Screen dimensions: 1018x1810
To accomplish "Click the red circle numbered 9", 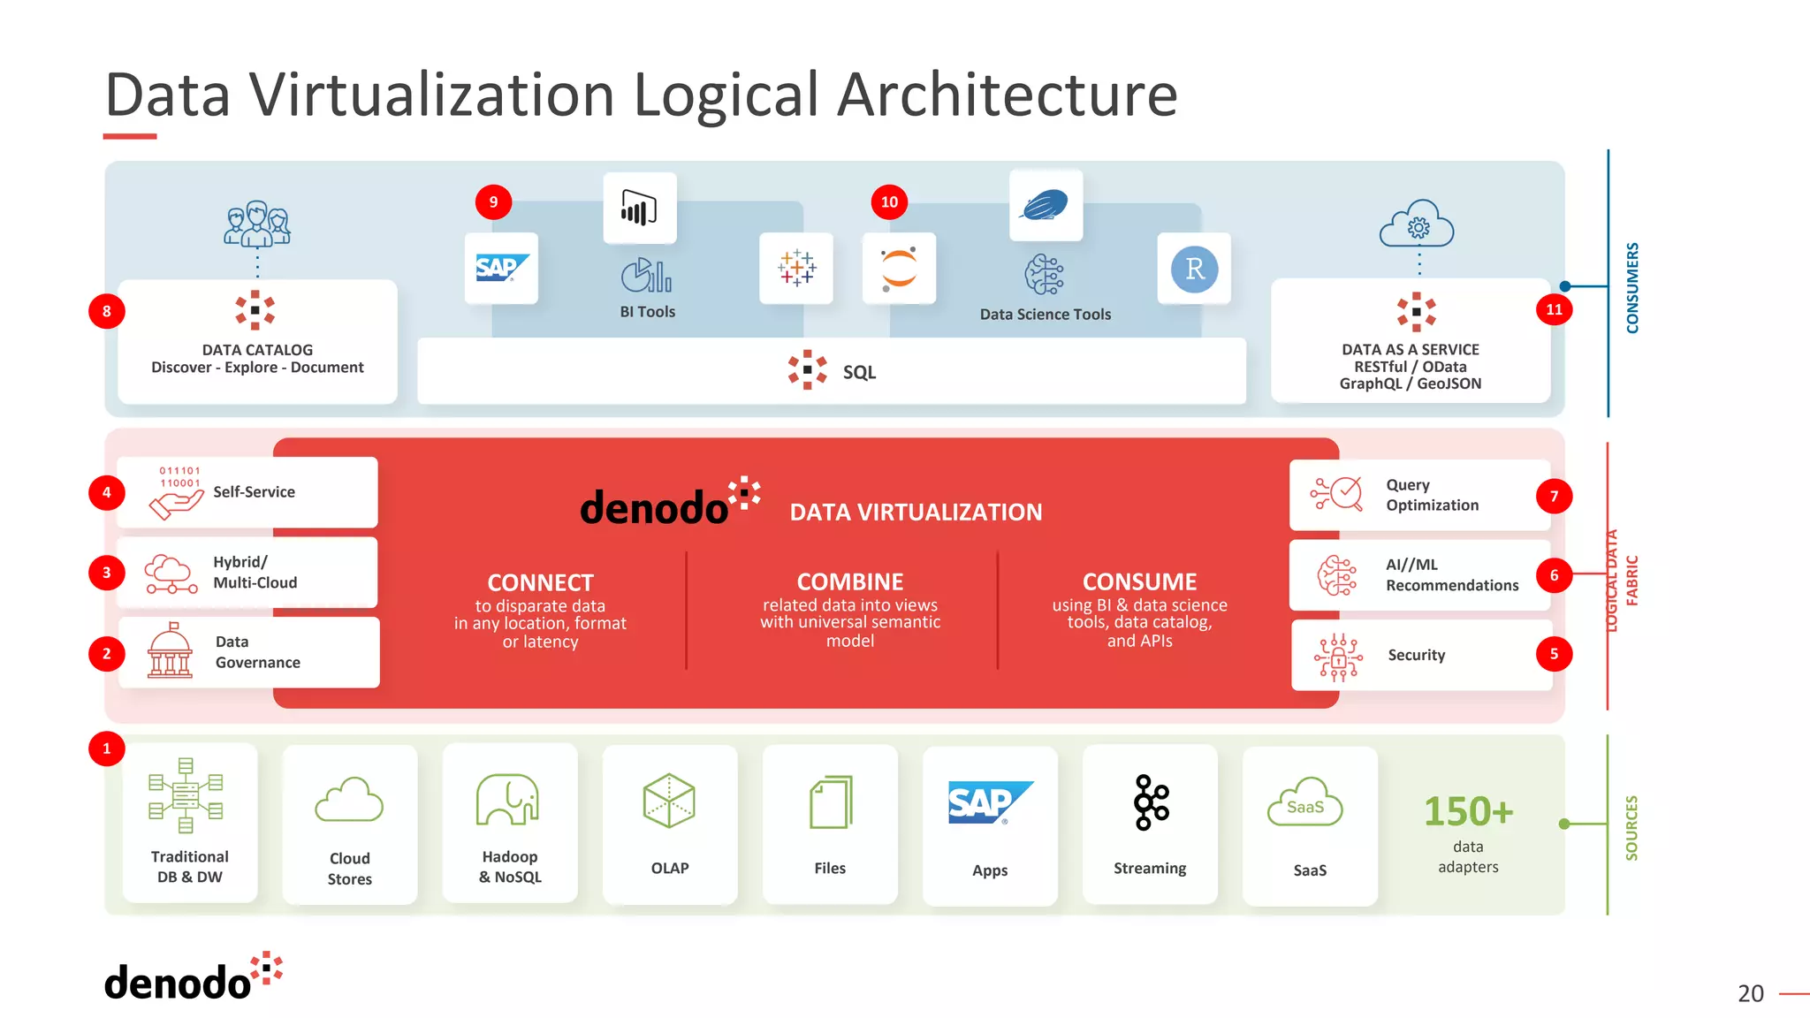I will pyautogui.click(x=493, y=201).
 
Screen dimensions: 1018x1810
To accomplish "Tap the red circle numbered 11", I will pyautogui.click(x=1554, y=309).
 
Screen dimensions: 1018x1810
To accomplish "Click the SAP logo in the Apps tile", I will pyautogui.click(x=989, y=802).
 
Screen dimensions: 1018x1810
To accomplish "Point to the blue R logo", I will pyautogui.click(x=1194, y=269).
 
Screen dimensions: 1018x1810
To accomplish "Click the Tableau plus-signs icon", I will pyautogui.click(x=796, y=268).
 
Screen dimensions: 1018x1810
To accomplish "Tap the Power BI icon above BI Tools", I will pyautogui.click(x=639, y=209).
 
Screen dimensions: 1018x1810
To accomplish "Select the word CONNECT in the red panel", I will pyautogui.click(x=540, y=582).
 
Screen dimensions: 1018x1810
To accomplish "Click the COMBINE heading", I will pyautogui.click(x=849, y=581).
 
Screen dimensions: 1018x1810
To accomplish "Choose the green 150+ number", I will pyautogui.click(x=1468, y=811).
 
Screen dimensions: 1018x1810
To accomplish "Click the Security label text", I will pyautogui.click(x=1416, y=655).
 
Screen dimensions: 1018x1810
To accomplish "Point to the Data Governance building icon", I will pyautogui.click(x=170, y=651).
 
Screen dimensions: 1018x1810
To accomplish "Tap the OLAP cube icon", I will pyautogui.click(x=669, y=801).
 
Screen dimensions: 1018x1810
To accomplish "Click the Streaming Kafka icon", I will pyautogui.click(x=1151, y=802).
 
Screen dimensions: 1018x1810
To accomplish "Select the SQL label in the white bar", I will pyautogui.click(x=859, y=372).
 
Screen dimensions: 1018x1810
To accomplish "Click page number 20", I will pyautogui.click(x=1750, y=993).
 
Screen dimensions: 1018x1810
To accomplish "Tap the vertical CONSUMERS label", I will pyautogui.click(x=1632, y=287).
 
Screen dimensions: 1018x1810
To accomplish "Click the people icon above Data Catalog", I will pyautogui.click(x=257, y=224).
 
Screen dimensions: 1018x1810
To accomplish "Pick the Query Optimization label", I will pyautogui.click(x=1432, y=495).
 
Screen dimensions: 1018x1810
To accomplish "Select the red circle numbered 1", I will pyautogui.click(x=107, y=748).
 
